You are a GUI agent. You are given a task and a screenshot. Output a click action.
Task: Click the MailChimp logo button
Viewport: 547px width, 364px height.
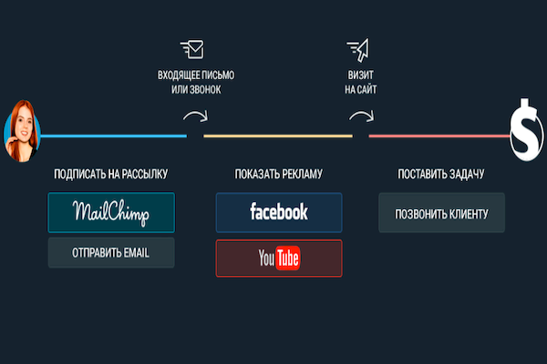coord(111,212)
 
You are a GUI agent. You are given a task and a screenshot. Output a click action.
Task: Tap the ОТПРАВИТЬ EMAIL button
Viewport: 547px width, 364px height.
coord(111,253)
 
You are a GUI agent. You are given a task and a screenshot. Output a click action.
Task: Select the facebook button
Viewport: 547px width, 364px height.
coord(279,212)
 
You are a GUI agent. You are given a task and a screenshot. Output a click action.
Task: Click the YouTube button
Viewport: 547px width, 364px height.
coord(279,258)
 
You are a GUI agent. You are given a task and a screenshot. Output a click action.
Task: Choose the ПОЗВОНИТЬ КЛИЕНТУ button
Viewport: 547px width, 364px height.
coord(442,214)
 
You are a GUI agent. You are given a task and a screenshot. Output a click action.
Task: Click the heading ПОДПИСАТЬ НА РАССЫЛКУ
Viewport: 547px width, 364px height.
coord(111,173)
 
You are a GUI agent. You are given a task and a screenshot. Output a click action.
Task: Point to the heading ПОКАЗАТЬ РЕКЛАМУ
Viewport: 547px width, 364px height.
coord(279,173)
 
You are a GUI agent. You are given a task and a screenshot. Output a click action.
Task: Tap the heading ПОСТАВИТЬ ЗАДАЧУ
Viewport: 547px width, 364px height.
coord(441,173)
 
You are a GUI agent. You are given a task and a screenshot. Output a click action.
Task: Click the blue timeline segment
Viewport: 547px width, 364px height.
coord(114,136)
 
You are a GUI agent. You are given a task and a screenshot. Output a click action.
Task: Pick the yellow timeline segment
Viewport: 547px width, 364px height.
coord(278,136)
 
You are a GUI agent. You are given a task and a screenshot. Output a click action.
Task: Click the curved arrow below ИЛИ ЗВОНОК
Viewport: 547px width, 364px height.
coord(194,116)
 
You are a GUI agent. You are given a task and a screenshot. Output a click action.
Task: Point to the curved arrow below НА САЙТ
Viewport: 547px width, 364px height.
coord(361,116)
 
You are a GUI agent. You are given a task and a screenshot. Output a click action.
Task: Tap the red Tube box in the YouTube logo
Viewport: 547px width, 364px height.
coord(289,259)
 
